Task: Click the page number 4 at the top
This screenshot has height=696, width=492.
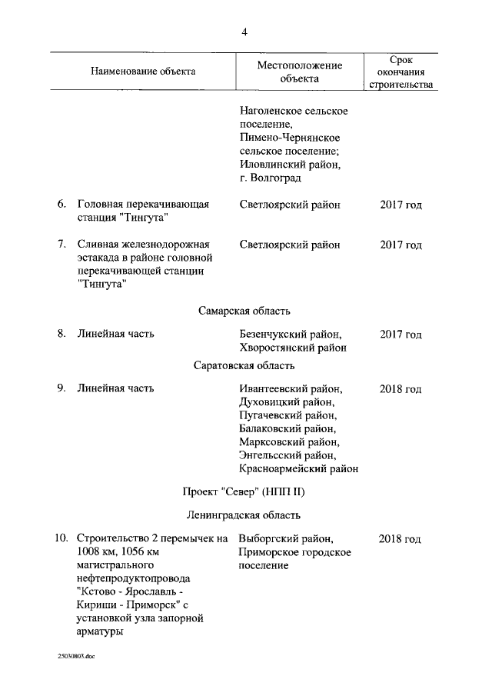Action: [244, 32]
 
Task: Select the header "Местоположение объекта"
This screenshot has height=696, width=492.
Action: [299, 72]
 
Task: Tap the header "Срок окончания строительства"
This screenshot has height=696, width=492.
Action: [401, 72]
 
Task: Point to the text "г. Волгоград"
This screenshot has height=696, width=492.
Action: [270, 178]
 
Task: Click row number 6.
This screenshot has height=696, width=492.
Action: [61, 205]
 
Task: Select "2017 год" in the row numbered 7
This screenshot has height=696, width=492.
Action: [401, 245]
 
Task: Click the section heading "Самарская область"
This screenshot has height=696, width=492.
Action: [244, 311]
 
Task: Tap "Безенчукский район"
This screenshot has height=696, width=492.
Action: [290, 335]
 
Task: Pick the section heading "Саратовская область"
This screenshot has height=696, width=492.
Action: [244, 365]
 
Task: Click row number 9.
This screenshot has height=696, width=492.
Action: [61, 388]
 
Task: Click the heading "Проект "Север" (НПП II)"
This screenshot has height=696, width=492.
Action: [244, 491]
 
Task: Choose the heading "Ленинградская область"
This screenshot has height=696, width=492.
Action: [244, 515]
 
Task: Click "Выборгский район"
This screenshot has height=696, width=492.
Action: [285, 538]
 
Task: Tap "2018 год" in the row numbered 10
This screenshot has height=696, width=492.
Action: [401, 538]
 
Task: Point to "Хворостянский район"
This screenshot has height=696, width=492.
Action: [292, 348]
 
